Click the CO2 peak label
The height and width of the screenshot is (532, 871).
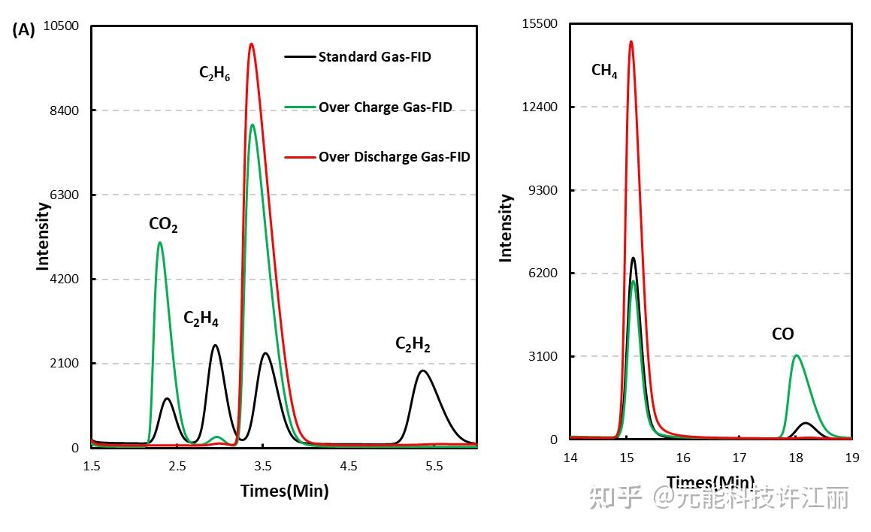[x=163, y=224]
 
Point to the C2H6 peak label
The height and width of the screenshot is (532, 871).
[x=214, y=74]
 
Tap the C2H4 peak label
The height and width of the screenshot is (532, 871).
[x=201, y=319]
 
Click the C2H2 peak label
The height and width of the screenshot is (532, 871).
[x=413, y=344]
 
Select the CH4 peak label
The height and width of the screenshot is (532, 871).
[x=604, y=71]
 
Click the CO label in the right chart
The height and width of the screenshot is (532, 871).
[x=782, y=334]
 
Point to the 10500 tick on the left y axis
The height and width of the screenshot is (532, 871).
[x=62, y=26]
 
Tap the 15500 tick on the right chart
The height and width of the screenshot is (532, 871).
[x=540, y=24]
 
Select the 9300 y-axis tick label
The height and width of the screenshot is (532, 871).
[x=543, y=190]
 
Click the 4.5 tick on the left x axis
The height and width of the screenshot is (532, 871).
[x=348, y=467]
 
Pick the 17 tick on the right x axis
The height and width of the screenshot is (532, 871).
[x=739, y=458]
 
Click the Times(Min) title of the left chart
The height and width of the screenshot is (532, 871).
[x=284, y=491]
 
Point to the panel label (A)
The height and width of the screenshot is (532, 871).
[x=24, y=30]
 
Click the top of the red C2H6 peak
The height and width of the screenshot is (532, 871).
[x=251, y=44]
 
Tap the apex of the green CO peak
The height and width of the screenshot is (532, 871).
[x=796, y=355]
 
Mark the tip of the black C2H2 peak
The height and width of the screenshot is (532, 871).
[x=422, y=370]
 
